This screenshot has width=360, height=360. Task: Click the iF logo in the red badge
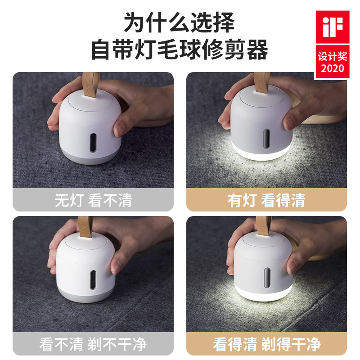[x=333, y=27]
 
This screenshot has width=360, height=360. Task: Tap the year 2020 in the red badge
[x=333, y=68]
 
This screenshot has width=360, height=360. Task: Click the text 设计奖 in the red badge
[x=333, y=56]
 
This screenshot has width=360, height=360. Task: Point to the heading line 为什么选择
[x=179, y=22]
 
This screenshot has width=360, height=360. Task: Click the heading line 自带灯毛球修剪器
[x=180, y=49]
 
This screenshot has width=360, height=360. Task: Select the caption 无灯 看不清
[x=93, y=200]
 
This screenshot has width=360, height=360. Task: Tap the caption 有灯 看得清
[x=266, y=200]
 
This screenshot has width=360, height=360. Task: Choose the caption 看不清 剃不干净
[x=93, y=344]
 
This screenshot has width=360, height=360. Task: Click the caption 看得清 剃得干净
[x=266, y=344]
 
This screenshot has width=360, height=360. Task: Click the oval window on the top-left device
[x=93, y=143]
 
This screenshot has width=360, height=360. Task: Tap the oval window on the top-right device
[x=266, y=139]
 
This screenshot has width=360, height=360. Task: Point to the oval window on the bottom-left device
[x=93, y=279]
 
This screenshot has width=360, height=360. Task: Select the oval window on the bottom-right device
[x=267, y=278]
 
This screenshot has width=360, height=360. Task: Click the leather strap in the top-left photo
[x=90, y=84]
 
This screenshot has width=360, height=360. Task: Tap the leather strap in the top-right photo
[x=262, y=83]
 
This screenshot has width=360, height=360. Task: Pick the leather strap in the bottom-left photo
[x=85, y=227]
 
